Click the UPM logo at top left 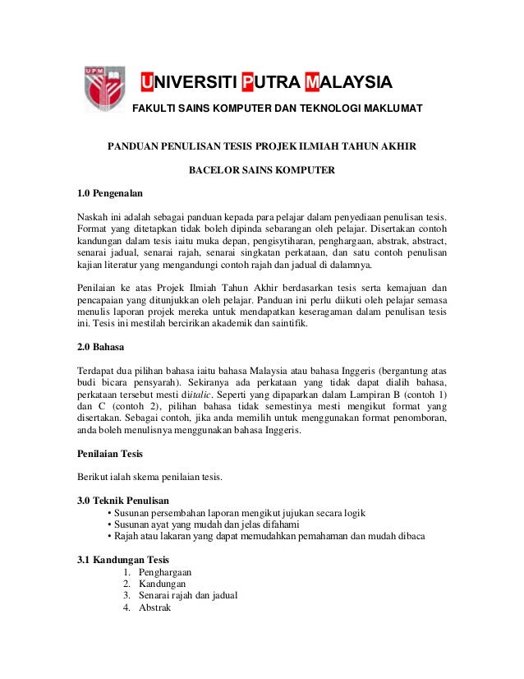(102, 91)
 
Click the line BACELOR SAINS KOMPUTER (262, 172)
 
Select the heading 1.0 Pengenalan (109, 194)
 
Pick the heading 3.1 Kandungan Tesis (122, 561)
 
